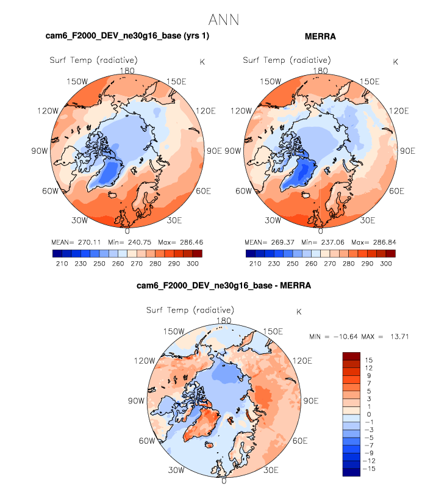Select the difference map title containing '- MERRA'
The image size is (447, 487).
click(x=223, y=286)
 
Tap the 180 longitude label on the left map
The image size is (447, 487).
click(x=127, y=71)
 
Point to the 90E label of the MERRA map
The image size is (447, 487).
click(x=405, y=151)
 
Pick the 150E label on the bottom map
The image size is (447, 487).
click(x=273, y=332)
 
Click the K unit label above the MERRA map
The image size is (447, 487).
click(x=395, y=62)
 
